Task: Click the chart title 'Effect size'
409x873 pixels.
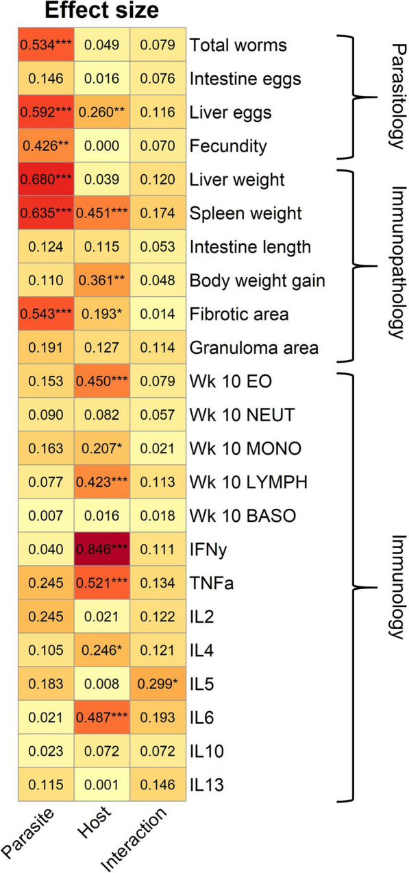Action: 101,12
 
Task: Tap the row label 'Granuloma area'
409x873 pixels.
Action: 253,348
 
